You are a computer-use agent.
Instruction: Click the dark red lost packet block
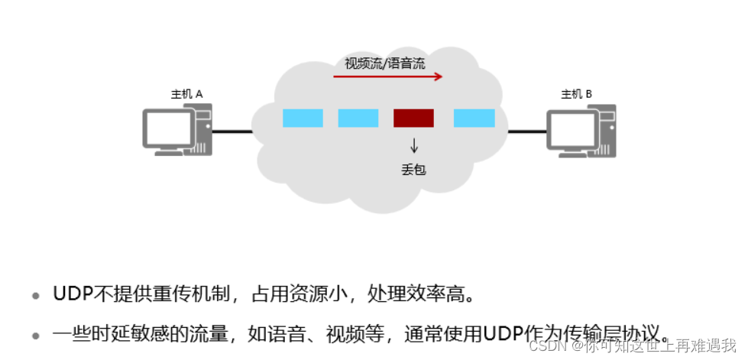pos(413,118)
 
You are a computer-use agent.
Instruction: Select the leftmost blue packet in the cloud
pos(303,118)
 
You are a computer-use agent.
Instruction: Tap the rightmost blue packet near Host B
pos(474,118)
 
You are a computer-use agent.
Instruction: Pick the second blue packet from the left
pos(358,118)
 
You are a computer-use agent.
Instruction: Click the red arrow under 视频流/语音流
pos(387,76)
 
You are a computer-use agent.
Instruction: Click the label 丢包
pos(413,169)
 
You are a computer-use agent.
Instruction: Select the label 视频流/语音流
pos(385,63)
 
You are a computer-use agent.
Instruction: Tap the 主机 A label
pos(186,94)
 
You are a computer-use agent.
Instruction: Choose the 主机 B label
pos(577,94)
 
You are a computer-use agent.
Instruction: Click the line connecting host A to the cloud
pos(232,131)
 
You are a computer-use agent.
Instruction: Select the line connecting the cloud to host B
pos(527,131)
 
